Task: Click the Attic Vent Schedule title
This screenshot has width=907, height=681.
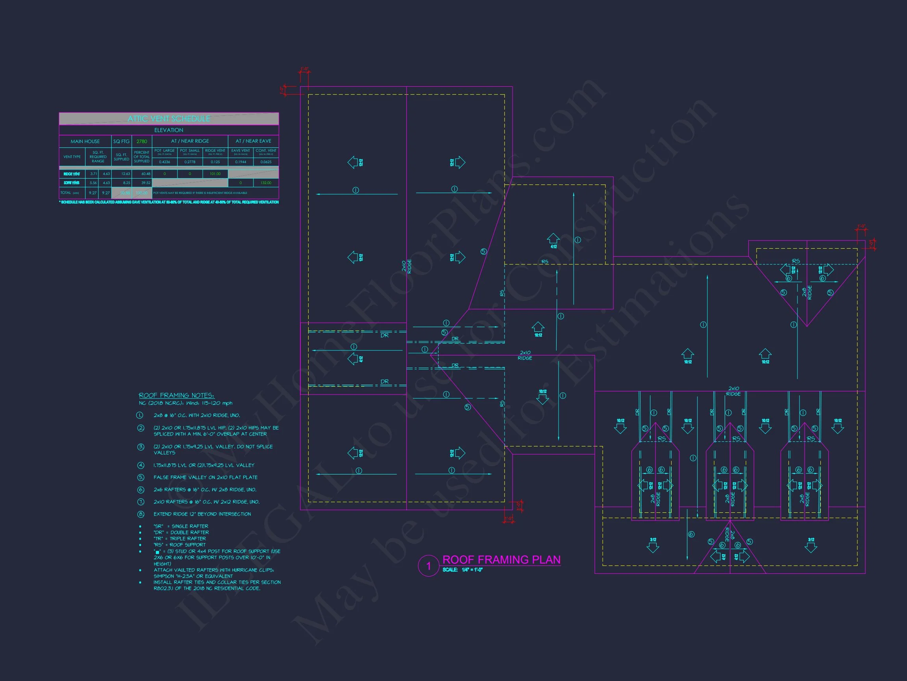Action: (168, 119)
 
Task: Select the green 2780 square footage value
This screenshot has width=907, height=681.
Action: (142, 141)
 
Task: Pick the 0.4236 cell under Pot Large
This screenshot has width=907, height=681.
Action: (165, 162)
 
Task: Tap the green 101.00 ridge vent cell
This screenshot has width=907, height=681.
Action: (215, 174)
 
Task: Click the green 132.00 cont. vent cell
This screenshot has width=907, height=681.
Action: (266, 183)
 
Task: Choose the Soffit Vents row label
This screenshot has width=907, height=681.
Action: (72, 183)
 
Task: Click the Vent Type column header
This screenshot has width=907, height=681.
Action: (72, 157)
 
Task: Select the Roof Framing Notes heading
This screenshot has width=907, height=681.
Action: (176, 395)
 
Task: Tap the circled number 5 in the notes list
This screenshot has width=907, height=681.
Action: (141, 477)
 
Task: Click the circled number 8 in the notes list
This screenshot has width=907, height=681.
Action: (141, 514)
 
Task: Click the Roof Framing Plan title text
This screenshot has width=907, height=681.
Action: (502, 560)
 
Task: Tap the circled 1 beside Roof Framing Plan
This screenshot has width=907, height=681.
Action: (428, 566)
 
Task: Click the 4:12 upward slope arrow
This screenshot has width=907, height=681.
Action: (553, 239)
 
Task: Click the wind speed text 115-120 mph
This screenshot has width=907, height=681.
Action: (218, 403)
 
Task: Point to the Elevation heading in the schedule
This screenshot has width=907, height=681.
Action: (168, 130)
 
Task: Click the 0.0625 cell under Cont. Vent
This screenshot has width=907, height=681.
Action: (266, 162)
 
